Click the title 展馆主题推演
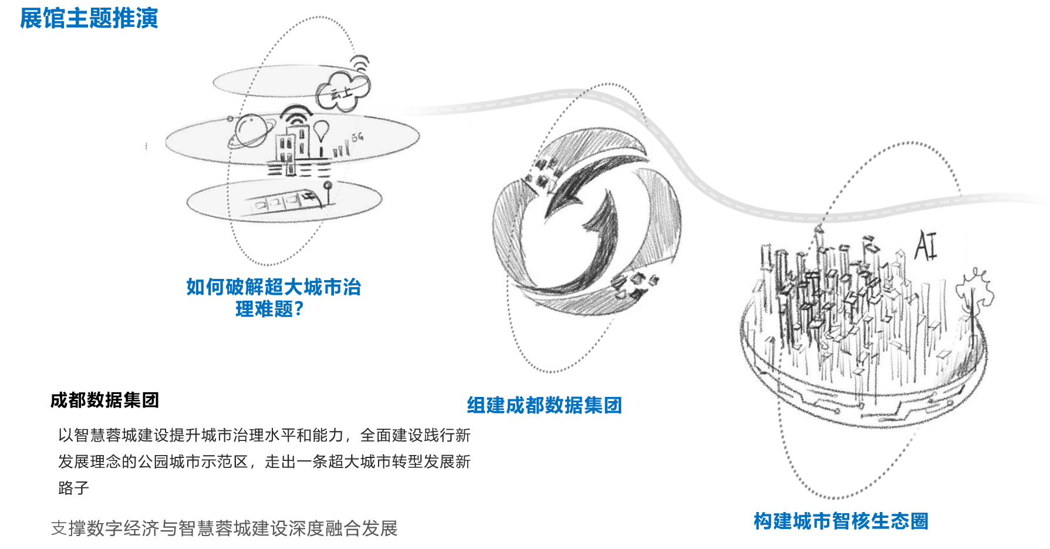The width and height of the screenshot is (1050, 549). pyautogui.click(x=89, y=18)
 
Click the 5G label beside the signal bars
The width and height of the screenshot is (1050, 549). pyautogui.click(x=357, y=137)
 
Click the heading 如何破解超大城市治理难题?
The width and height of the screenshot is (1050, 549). pyautogui.click(x=273, y=298)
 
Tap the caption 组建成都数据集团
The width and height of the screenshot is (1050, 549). pyautogui.click(x=544, y=405)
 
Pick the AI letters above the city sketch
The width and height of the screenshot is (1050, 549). pyautogui.click(x=926, y=245)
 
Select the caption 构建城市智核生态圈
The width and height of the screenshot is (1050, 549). pyautogui.click(x=840, y=521)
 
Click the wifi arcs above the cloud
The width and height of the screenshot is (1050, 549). pyautogui.click(x=360, y=62)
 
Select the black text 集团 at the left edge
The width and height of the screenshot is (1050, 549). pyautogui.click(x=141, y=400)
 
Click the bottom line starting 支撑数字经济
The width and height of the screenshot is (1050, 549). pyautogui.click(x=224, y=528)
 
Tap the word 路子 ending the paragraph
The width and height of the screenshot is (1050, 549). pyautogui.click(x=73, y=488)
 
